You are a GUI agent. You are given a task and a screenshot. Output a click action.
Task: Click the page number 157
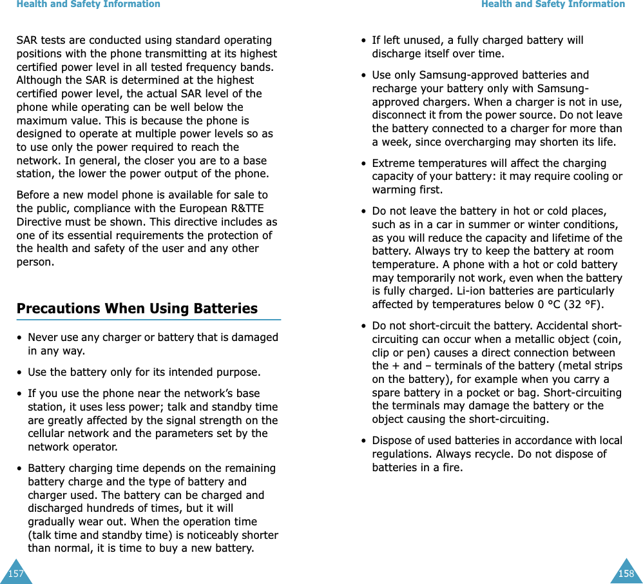15,574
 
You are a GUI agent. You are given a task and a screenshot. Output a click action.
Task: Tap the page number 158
626,574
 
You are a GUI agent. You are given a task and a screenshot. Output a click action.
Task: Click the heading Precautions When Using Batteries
137,309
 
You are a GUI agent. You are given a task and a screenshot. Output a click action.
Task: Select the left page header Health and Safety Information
88,5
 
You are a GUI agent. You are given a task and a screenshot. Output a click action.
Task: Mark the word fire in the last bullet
452,467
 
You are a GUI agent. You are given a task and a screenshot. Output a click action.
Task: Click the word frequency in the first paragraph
217,67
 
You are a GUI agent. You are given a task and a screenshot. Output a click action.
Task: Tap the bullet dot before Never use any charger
19,338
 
